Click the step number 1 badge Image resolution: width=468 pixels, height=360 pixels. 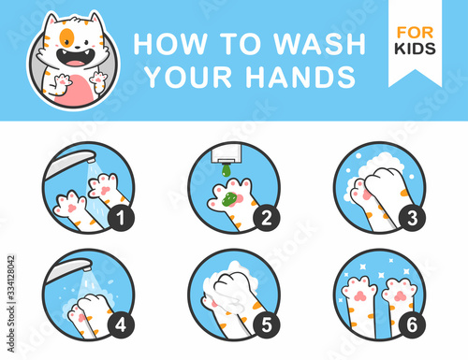(121, 218)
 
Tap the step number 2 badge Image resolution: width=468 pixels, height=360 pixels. (267, 218)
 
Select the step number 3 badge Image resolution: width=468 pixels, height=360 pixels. (412, 218)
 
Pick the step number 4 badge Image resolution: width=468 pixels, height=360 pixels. (121, 325)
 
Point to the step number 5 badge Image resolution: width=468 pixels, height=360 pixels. (267, 325)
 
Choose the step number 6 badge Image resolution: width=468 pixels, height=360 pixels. (412, 325)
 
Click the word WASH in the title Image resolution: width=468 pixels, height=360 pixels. (319, 44)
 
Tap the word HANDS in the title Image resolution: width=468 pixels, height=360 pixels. (300, 77)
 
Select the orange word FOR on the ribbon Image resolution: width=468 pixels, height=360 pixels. (415, 33)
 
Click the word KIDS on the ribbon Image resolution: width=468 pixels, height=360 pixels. (415, 49)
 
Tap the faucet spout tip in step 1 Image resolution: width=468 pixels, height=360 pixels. (91, 161)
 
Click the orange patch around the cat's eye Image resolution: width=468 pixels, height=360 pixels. (66, 37)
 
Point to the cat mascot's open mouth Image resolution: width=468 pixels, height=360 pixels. (76, 58)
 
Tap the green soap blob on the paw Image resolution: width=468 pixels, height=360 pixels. (229, 199)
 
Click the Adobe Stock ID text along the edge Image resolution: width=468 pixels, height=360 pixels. (11, 304)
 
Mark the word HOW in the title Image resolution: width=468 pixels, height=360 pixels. (170, 44)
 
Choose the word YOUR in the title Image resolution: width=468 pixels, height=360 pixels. (189, 77)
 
